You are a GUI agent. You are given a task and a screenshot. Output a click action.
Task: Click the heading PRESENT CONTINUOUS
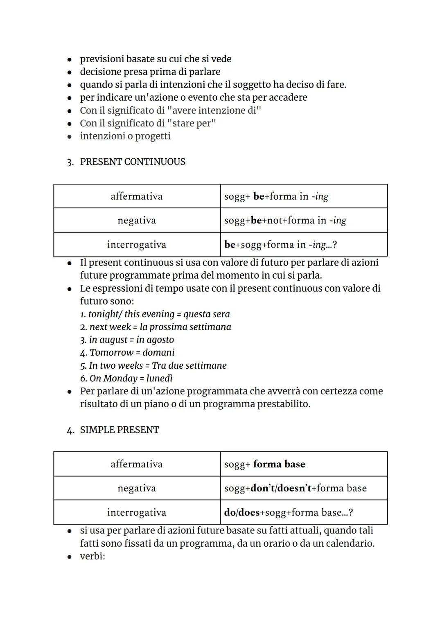(132, 162)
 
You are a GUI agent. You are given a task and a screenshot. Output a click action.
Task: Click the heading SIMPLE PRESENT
(119, 430)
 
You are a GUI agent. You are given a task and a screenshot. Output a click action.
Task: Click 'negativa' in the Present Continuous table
(137, 221)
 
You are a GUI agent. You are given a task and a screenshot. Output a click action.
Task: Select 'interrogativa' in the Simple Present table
(137, 512)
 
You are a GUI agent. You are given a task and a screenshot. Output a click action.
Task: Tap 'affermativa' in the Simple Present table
(137, 464)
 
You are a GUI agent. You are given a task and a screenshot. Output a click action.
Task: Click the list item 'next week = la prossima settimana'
(156, 327)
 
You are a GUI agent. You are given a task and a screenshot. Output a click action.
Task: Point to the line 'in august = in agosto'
(127, 340)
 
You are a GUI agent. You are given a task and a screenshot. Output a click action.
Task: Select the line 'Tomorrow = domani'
(127, 352)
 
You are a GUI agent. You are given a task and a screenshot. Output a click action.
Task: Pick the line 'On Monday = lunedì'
(126, 378)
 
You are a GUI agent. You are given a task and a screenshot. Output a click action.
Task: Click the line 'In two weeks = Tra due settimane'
(153, 365)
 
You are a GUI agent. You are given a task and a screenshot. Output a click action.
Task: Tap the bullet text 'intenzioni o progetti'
(125, 136)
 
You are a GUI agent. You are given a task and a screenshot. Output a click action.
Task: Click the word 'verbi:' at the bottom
(92, 556)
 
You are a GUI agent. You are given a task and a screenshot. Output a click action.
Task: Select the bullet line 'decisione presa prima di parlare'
(150, 72)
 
